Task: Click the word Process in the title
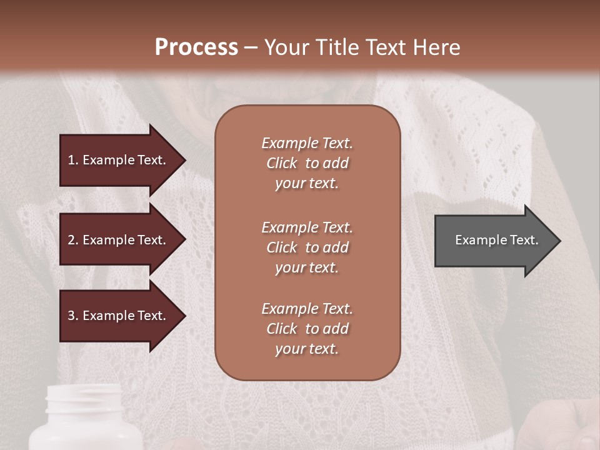tap(196, 47)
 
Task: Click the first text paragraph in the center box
tap(307, 163)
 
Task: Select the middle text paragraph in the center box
tap(307, 247)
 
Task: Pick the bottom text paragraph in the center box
tap(307, 329)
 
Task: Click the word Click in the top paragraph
tap(281, 163)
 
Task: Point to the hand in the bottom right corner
tap(562, 425)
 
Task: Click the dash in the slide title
tap(251, 47)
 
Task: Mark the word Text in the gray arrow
tap(525, 240)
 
